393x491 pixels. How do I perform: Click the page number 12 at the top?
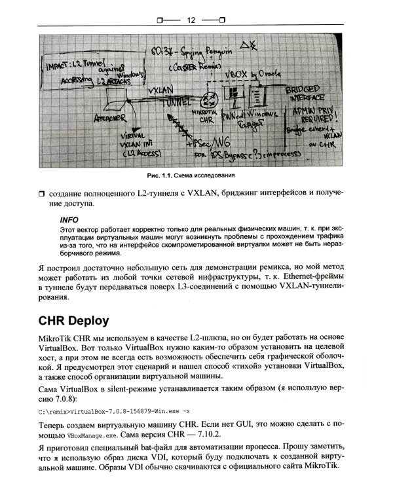point(192,21)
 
